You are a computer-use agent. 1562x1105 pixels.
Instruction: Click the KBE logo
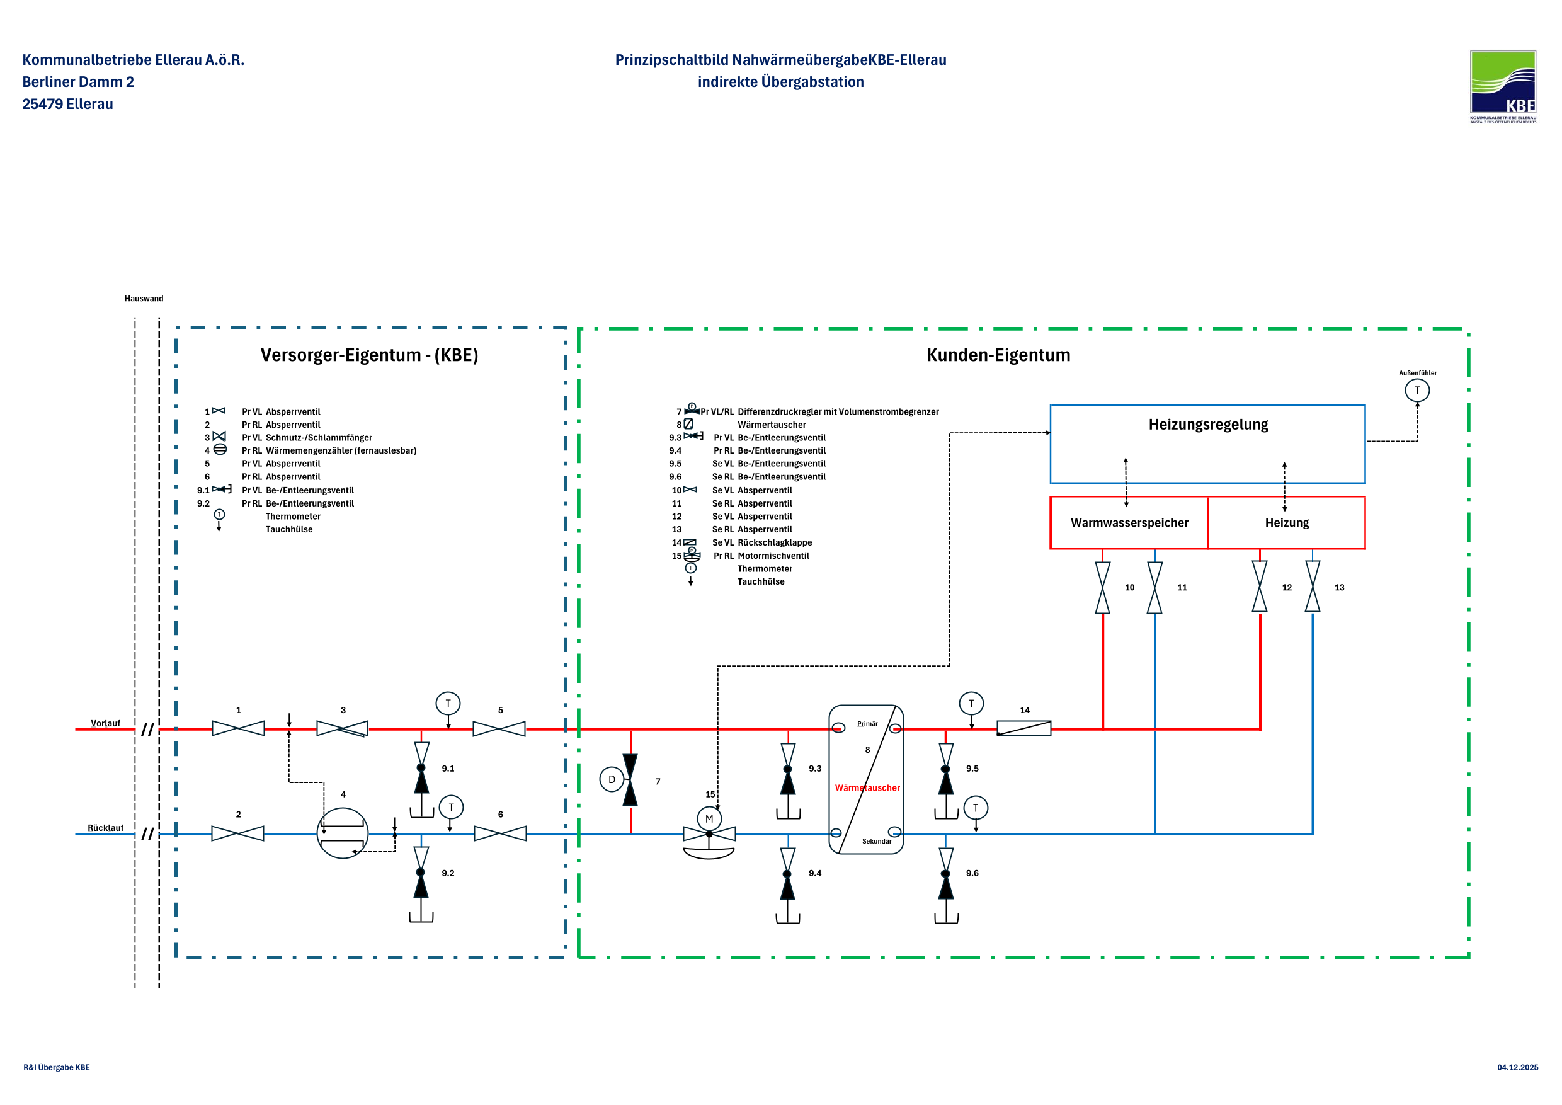click(x=1502, y=86)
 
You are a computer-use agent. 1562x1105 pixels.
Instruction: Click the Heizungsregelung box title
click(x=1208, y=425)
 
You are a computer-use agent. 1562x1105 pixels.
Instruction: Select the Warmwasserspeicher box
click(x=1129, y=522)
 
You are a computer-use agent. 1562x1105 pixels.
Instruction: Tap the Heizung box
click(x=1287, y=522)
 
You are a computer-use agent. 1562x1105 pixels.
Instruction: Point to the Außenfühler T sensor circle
click(x=1417, y=391)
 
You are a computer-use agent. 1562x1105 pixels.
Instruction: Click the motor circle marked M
click(x=709, y=818)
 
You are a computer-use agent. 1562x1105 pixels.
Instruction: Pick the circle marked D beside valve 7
click(x=612, y=780)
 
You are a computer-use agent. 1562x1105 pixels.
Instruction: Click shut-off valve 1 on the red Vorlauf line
click(x=238, y=729)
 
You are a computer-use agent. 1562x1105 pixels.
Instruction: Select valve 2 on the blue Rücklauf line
click(x=237, y=833)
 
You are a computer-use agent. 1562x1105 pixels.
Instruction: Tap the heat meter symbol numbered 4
click(x=343, y=833)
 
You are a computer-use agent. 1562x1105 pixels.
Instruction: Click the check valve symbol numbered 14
click(x=1024, y=729)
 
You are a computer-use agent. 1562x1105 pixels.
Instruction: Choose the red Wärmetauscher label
click(x=867, y=788)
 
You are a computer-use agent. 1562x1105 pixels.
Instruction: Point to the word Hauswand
click(x=144, y=299)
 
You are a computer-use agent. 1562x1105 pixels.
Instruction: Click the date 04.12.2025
click(x=1517, y=1068)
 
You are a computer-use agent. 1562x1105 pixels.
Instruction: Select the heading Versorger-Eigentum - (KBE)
click(x=370, y=355)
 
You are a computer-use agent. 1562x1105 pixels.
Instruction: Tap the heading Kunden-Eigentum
click(x=998, y=355)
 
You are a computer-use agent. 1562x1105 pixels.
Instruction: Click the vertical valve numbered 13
click(x=1313, y=587)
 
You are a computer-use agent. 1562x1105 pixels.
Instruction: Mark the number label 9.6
click(x=972, y=873)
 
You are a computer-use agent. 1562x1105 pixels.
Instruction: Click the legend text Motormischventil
click(x=773, y=556)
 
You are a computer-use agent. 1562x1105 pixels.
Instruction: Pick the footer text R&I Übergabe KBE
click(x=57, y=1068)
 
